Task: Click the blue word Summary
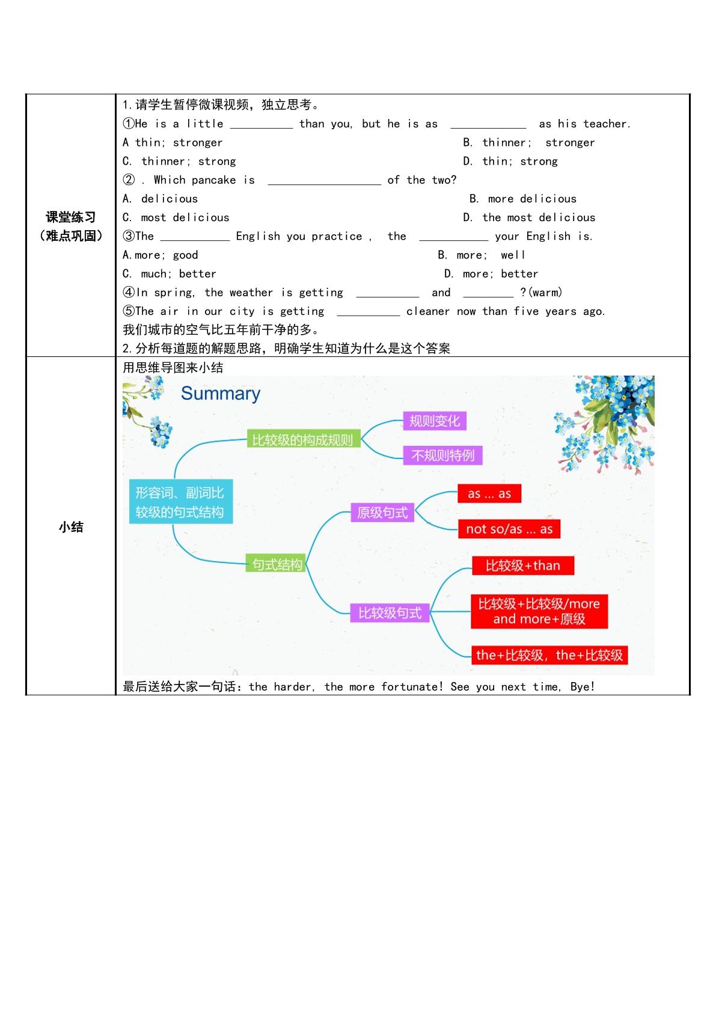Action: click(x=221, y=394)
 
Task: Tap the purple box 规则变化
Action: click(x=435, y=421)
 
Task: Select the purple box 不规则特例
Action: click(x=442, y=455)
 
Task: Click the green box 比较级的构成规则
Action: click(x=304, y=439)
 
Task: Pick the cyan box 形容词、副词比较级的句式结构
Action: click(x=181, y=501)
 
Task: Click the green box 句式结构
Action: click(x=276, y=563)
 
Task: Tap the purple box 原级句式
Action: click(x=382, y=513)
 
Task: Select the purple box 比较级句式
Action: click(x=390, y=612)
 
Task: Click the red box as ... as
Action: click(x=489, y=493)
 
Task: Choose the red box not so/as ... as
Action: click(x=509, y=529)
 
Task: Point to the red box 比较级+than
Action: click(x=523, y=565)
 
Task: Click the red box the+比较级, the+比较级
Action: click(x=549, y=654)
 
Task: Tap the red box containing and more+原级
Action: click(x=539, y=611)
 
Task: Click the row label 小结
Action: click(x=71, y=527)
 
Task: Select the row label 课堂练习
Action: click(x=71, y=217)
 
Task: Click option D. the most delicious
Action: click(x=529, y=218)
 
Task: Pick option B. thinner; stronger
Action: click(x=529, y=142)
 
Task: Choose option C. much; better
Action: click(x=170, y=274)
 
